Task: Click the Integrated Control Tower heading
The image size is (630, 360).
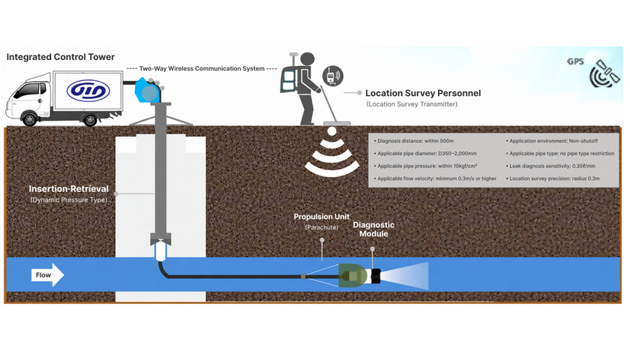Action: pos(61,57)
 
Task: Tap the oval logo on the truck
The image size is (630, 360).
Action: pos(88,91)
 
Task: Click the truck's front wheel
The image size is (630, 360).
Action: pos(30,119)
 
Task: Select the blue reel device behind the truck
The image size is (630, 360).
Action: pos(148,90)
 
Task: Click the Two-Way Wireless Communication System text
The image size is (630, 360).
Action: pos(202,69)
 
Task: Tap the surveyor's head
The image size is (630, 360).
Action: pos(307,59)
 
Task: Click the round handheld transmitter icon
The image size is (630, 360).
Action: pos(333,76)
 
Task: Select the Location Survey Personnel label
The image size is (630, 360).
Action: pos(423,93)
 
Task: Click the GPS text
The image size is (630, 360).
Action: pos(575,61)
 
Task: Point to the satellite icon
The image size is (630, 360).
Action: pos(605,73)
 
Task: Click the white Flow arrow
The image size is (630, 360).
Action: pos(48,275)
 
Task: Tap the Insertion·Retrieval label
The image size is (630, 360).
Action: pos(69,189)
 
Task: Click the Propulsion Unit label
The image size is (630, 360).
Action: pos(322,217)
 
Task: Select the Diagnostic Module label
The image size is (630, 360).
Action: pos(373,229)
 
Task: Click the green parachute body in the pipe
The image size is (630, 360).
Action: pos(352,276)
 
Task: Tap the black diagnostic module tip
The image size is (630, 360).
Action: pos(376,276)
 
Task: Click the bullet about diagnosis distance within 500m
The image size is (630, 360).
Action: pos(414,141)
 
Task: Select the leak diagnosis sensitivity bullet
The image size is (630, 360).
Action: pos(550,166)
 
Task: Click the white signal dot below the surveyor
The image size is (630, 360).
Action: pos(331,131)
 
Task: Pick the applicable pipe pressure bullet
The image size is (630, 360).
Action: pos(425,166)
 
